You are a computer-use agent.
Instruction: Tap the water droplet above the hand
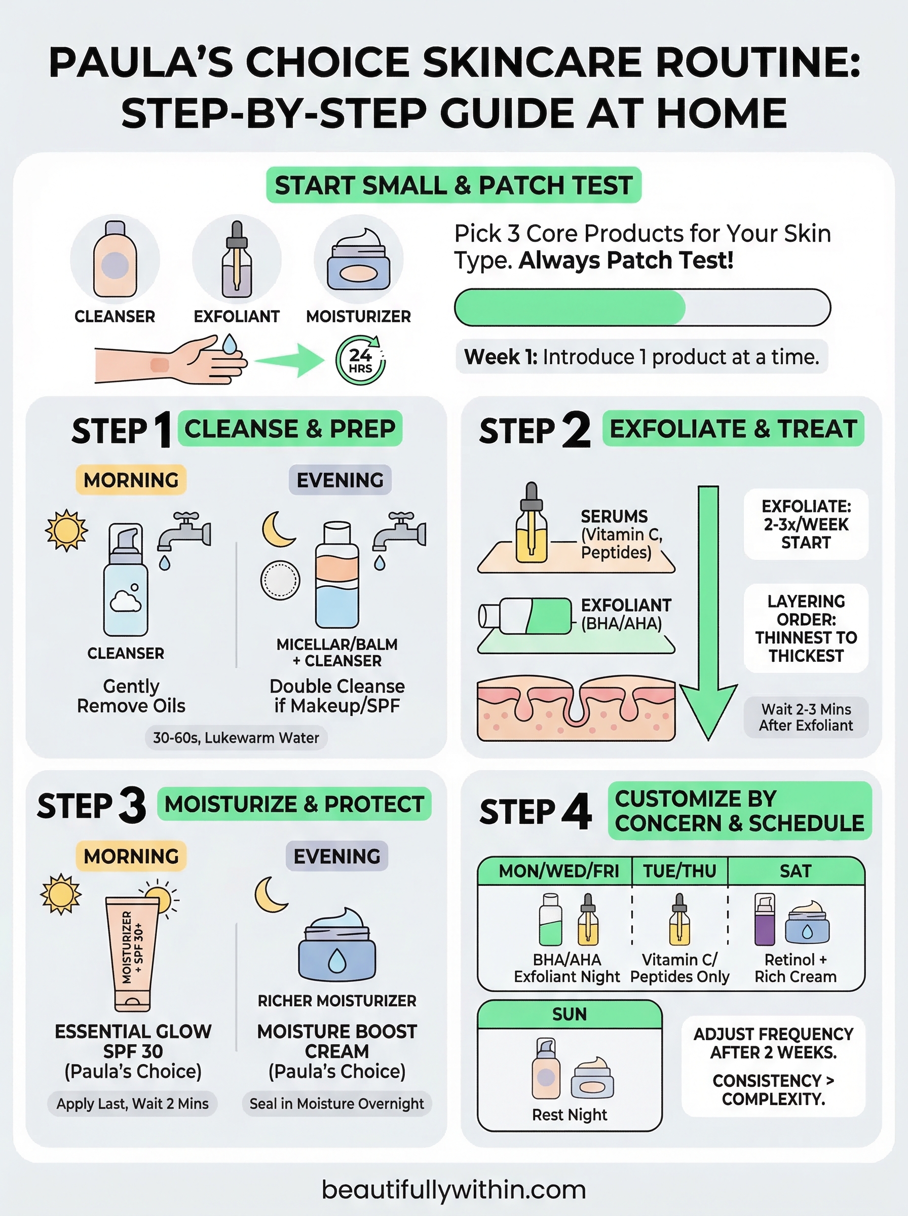[229, 345]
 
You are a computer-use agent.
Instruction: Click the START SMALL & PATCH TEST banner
[453, 185]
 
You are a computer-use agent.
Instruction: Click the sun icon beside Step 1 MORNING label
[66, 530]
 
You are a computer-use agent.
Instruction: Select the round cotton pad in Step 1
[280, 580]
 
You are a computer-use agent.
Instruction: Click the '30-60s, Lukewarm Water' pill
[236, 737]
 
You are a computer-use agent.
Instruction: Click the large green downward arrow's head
[708, 709]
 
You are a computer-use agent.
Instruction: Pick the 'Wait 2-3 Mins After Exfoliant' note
[806, 717]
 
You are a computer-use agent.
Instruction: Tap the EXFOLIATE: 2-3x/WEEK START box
[806, 524]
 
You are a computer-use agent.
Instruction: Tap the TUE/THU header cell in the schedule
[679, 871]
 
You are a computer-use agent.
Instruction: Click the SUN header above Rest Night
[570, 1014]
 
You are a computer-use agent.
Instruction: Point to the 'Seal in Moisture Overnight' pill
[336, 1104]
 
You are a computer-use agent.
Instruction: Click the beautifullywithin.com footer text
[453, 1190]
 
